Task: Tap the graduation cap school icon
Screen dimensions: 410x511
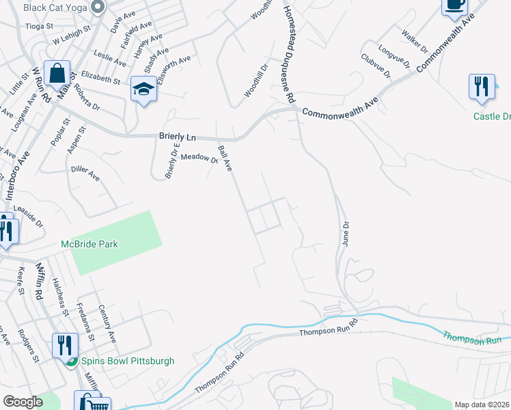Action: coord(144,89)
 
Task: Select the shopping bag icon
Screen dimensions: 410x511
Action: coord(57,73)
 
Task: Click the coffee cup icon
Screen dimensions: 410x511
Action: coord(454,5)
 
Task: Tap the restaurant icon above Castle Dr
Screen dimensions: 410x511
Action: coord(482,87)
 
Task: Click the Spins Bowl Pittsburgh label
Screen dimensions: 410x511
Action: coord(128,361)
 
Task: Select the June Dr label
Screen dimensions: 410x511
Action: coord(346,234)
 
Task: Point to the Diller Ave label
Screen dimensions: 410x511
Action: coord(85,172)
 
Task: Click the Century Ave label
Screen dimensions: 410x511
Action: coord(107,323)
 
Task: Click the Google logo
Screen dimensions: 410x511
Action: coord(23,402)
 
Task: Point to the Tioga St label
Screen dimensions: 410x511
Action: coord(38,26)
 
